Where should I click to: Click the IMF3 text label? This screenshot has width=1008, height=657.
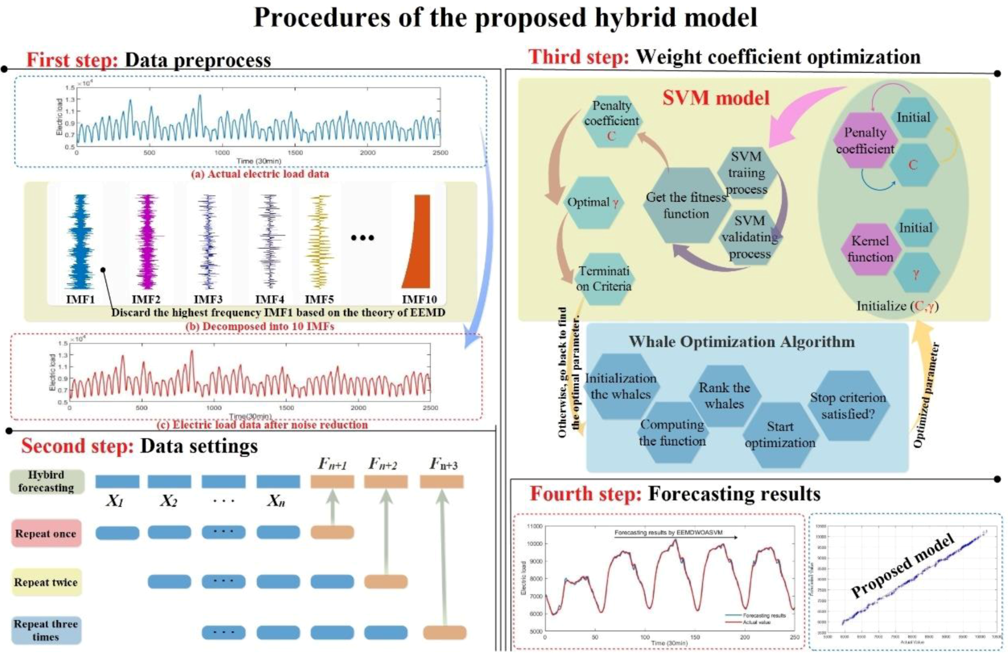[x=208, y=300]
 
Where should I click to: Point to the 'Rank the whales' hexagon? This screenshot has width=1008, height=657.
[x=724, y=396]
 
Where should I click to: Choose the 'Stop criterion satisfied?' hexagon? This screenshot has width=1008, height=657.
[x=848, y=405]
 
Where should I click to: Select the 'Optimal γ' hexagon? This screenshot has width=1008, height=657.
[x=593, y=203]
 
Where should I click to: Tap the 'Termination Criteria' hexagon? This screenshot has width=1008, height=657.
[x=604, y=279]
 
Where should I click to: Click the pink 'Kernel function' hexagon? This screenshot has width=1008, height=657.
[x=870, y=249]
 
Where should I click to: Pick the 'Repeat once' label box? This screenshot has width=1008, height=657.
[x=46, y=533]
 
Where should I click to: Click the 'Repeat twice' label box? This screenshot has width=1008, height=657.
[x=46, y=582]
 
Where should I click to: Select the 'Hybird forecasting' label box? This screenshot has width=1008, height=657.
[x=46, y=482]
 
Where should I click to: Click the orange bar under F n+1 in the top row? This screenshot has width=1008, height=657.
[x=332, y=482]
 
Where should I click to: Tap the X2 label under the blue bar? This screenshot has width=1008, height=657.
[x=168, y=502]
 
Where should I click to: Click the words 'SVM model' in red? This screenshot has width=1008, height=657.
[x=716, y=98]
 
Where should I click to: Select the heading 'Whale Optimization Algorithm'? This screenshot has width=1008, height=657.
[x=742, y=341]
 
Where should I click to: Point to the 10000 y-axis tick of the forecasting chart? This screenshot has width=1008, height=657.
[x=534, y=544]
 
